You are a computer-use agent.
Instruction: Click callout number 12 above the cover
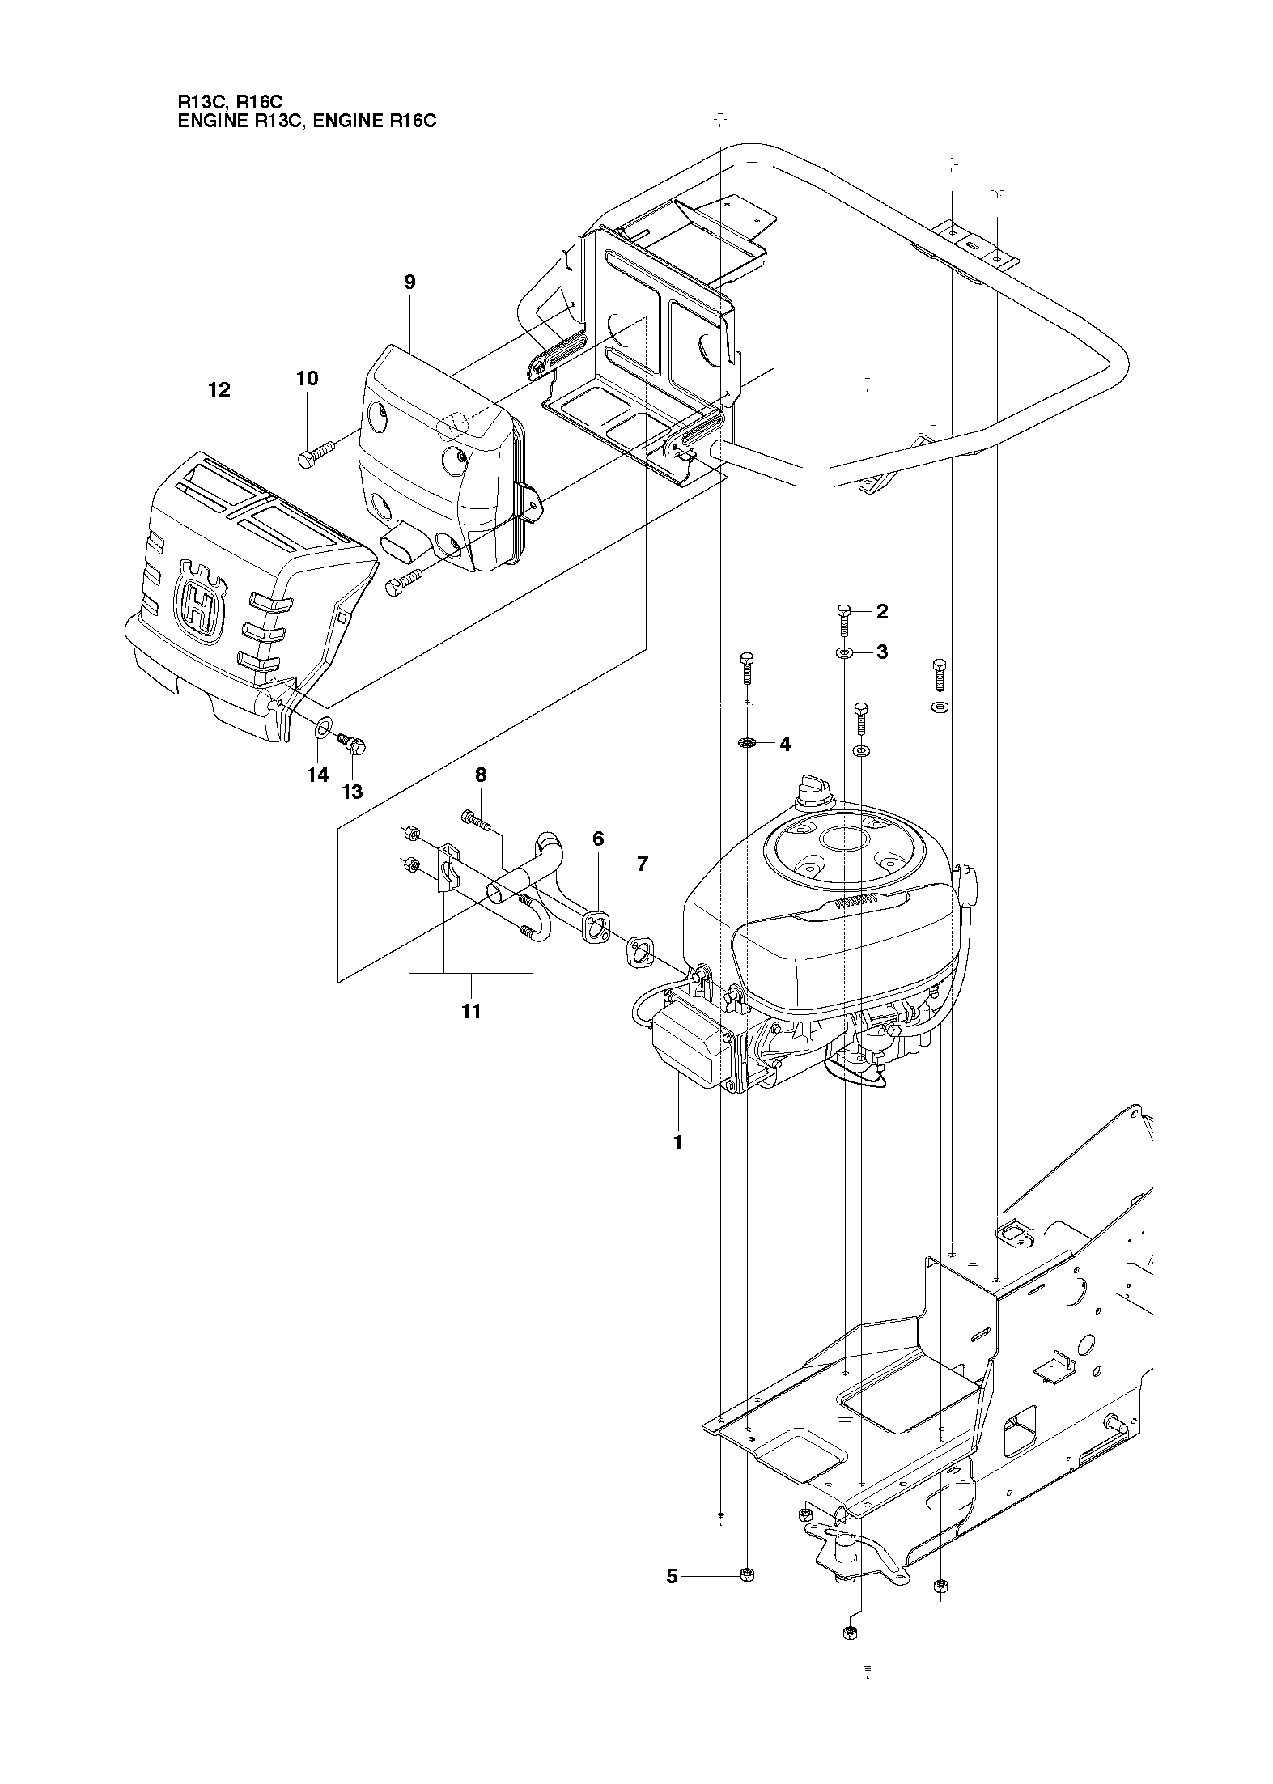click(219, 389)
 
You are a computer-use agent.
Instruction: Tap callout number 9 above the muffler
click(409, 282)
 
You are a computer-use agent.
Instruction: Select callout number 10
click(308, 378)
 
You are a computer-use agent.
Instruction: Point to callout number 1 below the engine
click(678, 1142)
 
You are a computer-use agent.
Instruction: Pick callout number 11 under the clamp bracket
click(471, 1011)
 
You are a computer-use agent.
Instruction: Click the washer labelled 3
click(844, 652)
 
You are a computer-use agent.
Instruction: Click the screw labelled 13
click(353, 742)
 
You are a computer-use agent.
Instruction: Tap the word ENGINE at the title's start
click(206, 121)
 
